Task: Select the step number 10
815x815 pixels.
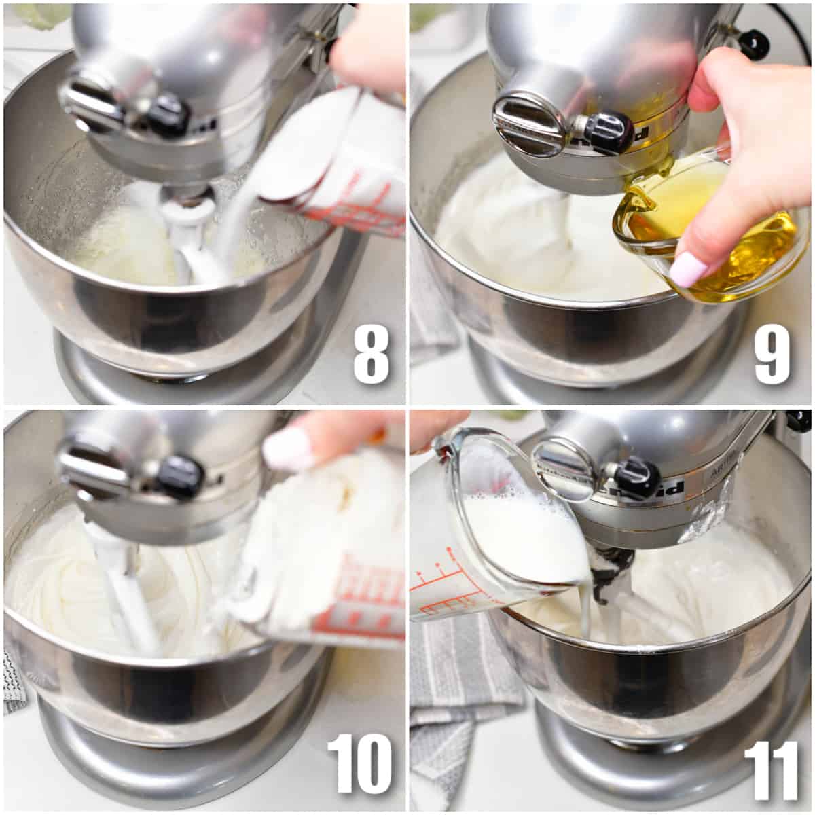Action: click(x=359, y=763)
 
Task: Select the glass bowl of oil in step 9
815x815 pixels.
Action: click(x=713, y=234)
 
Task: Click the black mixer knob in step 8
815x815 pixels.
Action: click(x=166, y=115)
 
